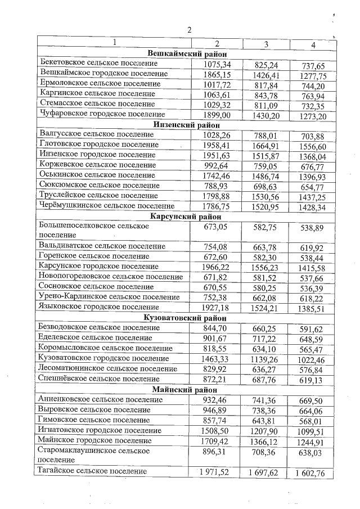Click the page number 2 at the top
point(190,30)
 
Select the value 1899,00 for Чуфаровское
point(217,115)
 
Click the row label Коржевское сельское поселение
point(98,165)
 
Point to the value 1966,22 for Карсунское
point(217,267)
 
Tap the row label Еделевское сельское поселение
point(96,337)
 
